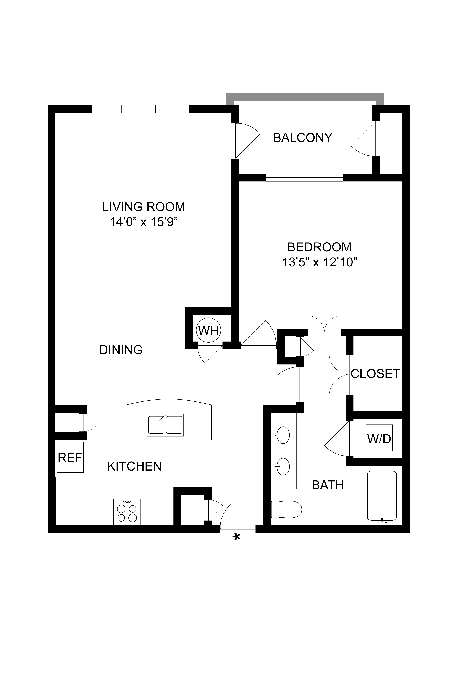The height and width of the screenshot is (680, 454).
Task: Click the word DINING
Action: [121, 350]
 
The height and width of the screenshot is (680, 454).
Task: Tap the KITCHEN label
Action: [134, 466]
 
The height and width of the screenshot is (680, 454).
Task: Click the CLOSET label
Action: [376, 374]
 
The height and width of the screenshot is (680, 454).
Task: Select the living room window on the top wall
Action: [141, 109]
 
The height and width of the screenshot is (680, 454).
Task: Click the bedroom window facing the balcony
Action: [304, 177]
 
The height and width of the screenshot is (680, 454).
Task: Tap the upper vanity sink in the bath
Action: [283, 435]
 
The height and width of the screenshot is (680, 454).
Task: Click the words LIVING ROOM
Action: [144, 207]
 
